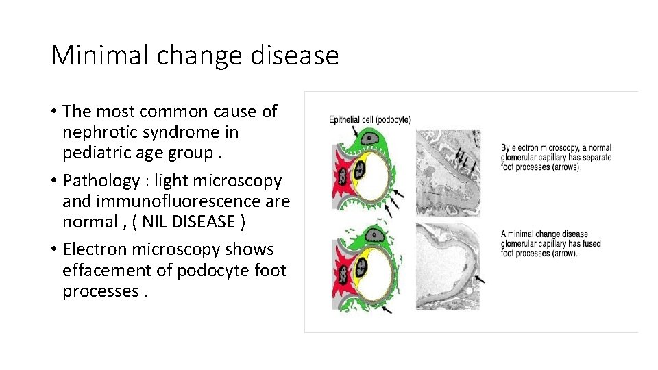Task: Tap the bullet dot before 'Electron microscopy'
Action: click(x=53, y=250)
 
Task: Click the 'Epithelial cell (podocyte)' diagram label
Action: click(x=369, y=120)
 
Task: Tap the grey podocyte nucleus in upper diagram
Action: click(x=371, y=139)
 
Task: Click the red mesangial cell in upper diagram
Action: click(x=341, y=171)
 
